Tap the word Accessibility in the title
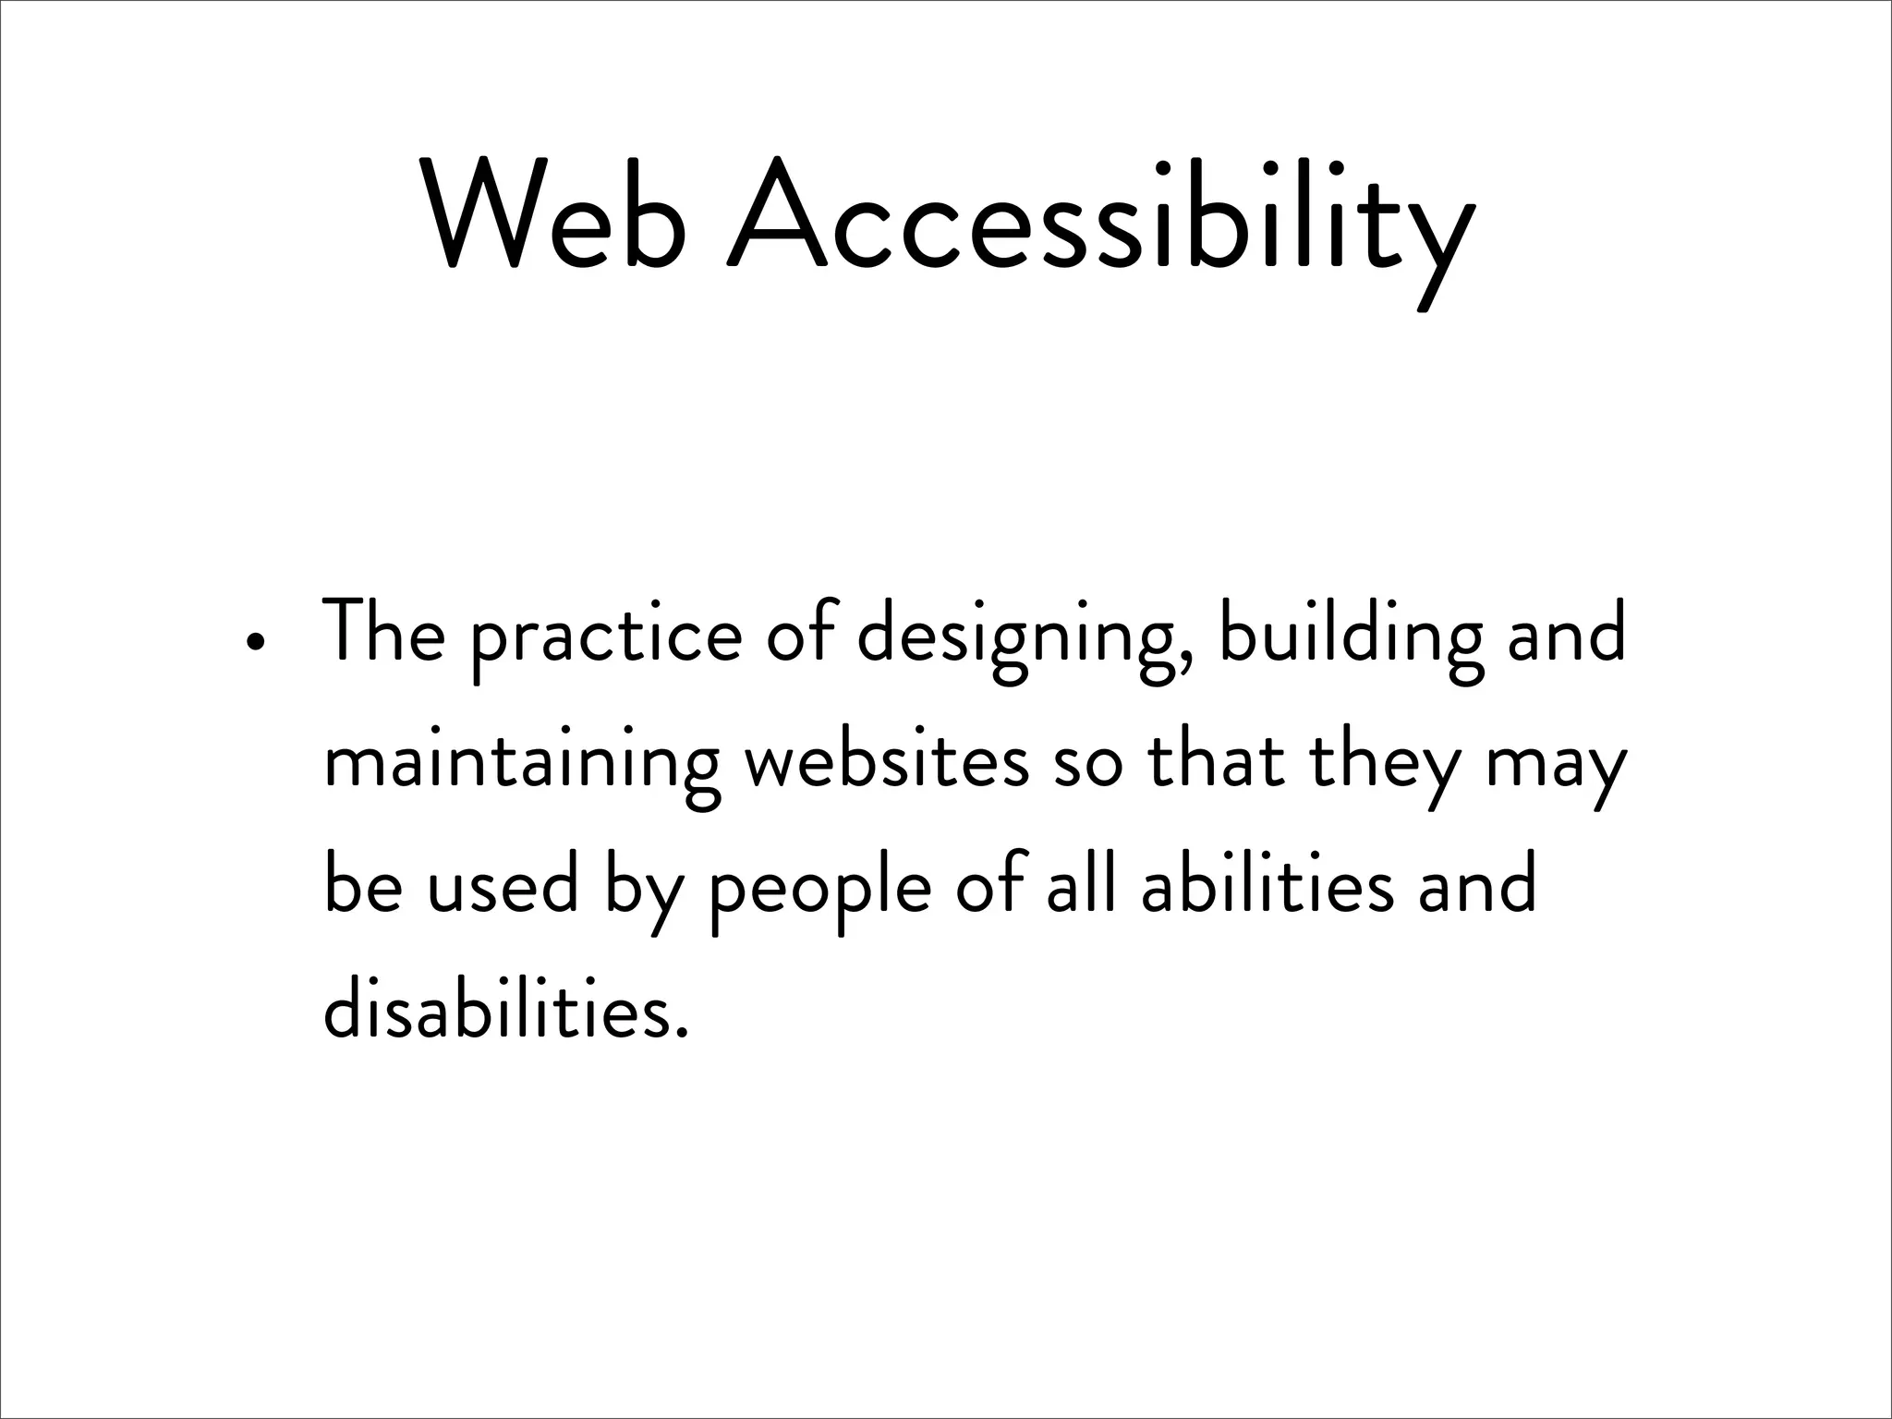pyautogui.click(x=1100, y=222)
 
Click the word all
pyautogui.click(x=1080, y=887)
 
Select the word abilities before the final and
pyautogui.click(x=1267, y=887)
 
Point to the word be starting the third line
pyautogui.click(x=363, y=887)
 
